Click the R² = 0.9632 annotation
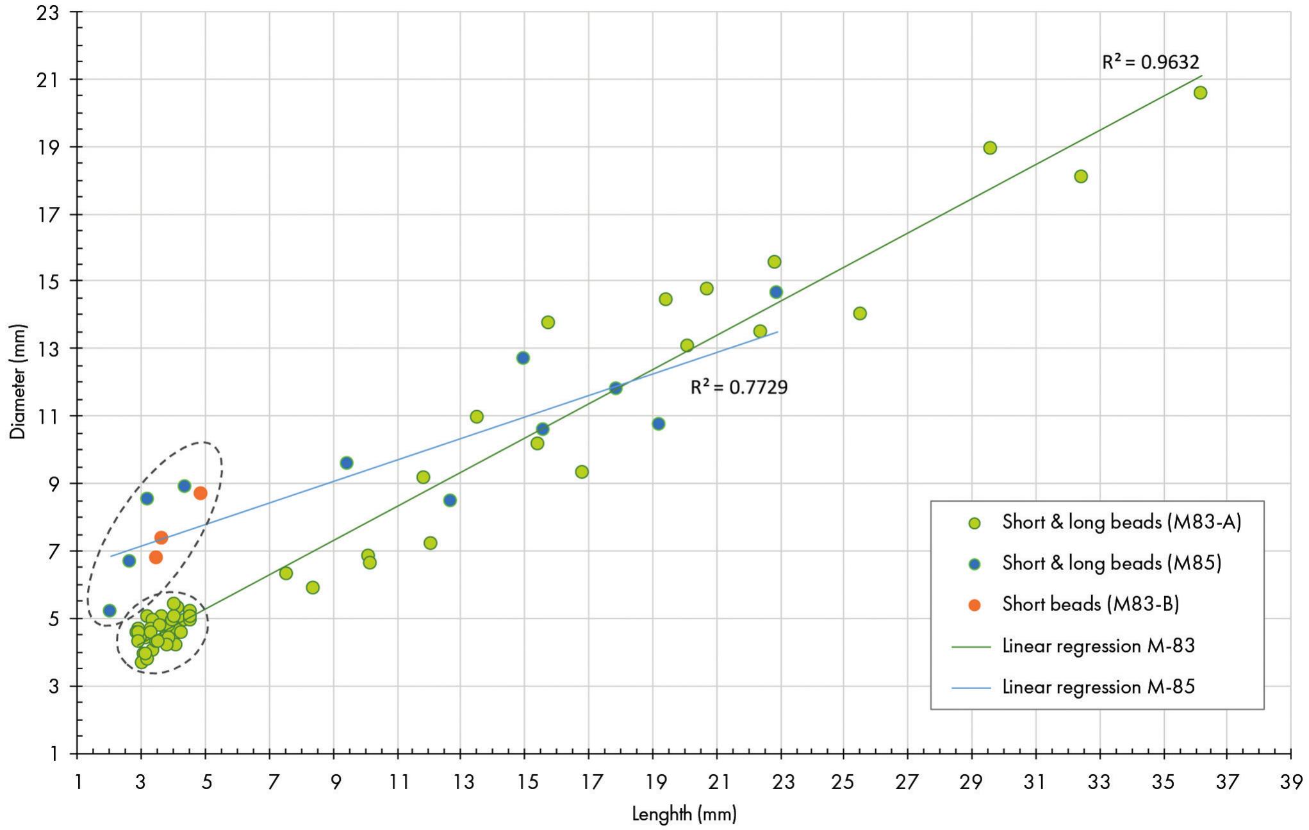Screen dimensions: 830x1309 (x=1150, y=62)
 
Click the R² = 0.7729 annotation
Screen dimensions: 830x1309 (x=738, y=387)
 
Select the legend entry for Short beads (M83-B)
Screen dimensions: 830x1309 (x=1090, y=604)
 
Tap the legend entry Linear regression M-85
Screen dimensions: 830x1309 (x=1098, y=686)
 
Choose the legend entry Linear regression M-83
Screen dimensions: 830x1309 (x=1098, y=645)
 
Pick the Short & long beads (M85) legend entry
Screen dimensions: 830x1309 (x=1111, y=563)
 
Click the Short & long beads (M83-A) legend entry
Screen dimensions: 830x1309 (x=1121, y=522)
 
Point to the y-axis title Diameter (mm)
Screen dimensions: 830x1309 (x=18, y=381)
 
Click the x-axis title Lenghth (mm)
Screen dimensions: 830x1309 (x=684, y=814)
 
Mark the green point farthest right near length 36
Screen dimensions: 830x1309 (x=1200, y=92)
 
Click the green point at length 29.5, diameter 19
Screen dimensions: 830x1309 (x=990, y=148)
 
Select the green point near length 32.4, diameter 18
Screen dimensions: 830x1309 (x=1081, y=176)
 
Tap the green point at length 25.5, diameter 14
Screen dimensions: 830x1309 (x=860, y=313)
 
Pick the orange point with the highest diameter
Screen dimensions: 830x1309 (x=201, y=493)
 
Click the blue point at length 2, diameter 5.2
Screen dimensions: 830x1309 (x=110, y=610)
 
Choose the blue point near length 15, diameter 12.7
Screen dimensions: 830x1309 (x=523, y=358)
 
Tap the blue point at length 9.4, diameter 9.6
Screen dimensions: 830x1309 (x=347, y=463)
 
